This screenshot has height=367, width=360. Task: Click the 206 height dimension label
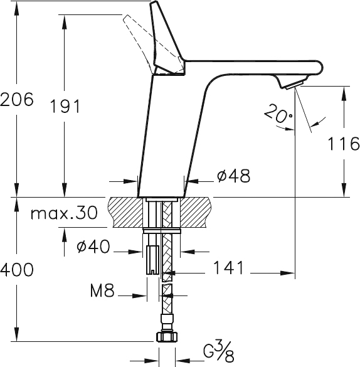click(17, 99)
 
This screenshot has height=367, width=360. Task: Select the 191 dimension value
click(65, 106)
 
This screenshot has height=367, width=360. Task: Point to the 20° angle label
click(278, 114)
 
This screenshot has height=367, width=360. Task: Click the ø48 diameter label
click(233, 176)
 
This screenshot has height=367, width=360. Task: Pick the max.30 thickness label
click(64, 213)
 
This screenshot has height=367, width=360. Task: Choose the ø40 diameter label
click(93, 246)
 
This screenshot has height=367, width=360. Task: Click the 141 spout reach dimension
click(228, 267)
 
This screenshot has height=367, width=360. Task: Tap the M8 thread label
click(102, 290)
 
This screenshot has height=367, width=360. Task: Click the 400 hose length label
click(17, 269)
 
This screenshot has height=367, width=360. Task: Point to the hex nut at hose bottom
click(166, 337)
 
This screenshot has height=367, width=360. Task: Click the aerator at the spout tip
click(295, 85)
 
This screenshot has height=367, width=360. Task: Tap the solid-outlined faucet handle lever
click(167, 40)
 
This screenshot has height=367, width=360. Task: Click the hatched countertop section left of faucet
click(125, 212)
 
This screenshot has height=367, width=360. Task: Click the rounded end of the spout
click(320, 68)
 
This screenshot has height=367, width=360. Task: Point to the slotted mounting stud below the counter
click(152, 260)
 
